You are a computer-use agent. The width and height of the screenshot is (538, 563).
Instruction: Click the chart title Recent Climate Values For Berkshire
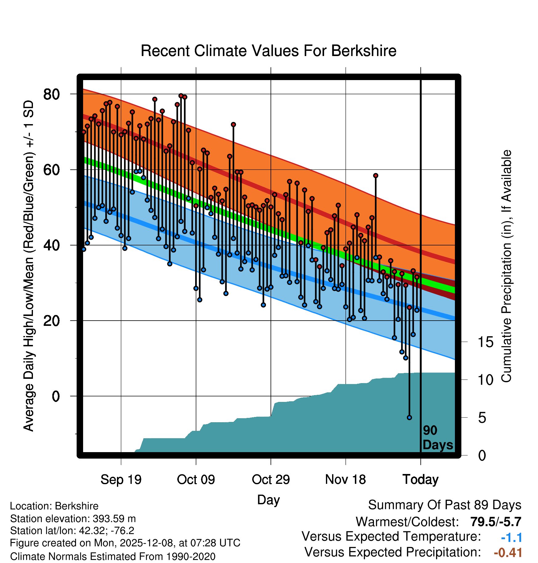pyautogui.click(x=268, y=51)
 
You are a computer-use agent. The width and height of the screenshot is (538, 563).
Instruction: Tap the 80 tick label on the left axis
pyautogui.click(x=51, y=94)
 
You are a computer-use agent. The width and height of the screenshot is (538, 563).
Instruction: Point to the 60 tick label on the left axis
pyautogui.click(x=51, y=170)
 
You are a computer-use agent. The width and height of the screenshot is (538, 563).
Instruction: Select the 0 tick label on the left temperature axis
pyautogui.click(x=56, y=396)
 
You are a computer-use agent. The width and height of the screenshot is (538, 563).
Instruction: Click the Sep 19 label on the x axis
pyautogui.click(x=121, y=480)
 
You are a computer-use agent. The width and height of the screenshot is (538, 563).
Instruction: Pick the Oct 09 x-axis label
pyautogui.click(x=196, y=480)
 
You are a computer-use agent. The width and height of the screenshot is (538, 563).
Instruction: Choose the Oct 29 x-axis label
pyautogui.click(x=271, y=480)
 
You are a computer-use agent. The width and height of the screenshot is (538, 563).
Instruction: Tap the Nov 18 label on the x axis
pyautogui.click(x=345, y=480)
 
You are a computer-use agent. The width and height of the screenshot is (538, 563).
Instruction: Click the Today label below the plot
pyautogui.click(x=420, y=480)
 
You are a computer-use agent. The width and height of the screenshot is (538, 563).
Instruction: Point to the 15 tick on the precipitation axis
pyautogui.click(x=485, y=342)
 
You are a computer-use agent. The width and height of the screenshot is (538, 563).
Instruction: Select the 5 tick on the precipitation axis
pyautogui.click(x=482, y=418)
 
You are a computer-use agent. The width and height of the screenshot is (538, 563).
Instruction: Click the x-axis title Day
pyautogui.click(x=268, y=500)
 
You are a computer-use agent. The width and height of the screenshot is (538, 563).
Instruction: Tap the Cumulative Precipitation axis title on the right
pyautogui.click(x=506, y=266)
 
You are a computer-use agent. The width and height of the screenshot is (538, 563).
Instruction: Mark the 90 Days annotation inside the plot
pyautogui.click(x=437, y=438)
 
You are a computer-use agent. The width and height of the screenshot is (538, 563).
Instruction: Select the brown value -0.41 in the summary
pyautogui.click(x=508, y=553)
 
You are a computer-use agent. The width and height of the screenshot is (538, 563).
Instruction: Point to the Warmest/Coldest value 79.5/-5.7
pyautogui.click(x=496, y=522)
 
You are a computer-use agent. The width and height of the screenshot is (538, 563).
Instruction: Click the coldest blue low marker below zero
pyautogui.click(x=409, y=418)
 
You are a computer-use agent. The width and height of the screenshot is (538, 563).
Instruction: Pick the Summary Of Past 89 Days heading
pyautogui.click(x=444, y=505)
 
